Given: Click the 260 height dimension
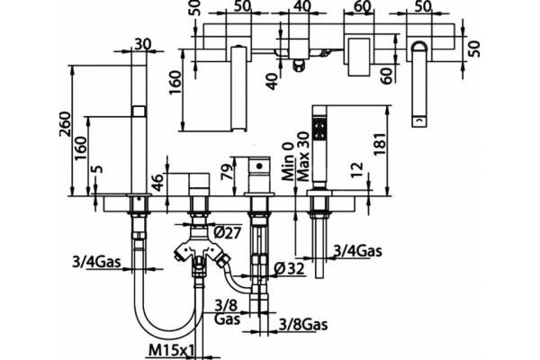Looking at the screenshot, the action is point(66,124).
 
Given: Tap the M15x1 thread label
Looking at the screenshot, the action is point(172,351).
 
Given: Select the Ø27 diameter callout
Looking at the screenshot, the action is point(228,233).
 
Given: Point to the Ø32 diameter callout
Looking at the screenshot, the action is point(291,268).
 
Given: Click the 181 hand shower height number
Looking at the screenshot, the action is point(380,143).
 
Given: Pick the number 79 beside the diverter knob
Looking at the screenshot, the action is point(228,170).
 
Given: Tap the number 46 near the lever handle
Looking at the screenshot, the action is point(157,183).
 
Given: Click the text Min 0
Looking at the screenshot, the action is point(288,162).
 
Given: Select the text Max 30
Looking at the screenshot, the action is point(303,157).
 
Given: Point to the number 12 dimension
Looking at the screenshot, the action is point(358,170).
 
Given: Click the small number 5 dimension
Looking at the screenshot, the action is point(98,169).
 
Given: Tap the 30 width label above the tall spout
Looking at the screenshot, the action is point(142,44).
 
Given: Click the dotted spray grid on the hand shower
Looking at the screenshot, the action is point(319,128).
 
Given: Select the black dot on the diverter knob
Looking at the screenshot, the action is point(259,166).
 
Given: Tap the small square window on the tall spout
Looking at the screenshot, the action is point(139,111).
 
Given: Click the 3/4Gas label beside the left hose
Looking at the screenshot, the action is point(96,262).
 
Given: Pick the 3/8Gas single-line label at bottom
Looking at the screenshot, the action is point(303,324).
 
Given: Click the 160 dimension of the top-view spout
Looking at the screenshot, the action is point(175,83).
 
